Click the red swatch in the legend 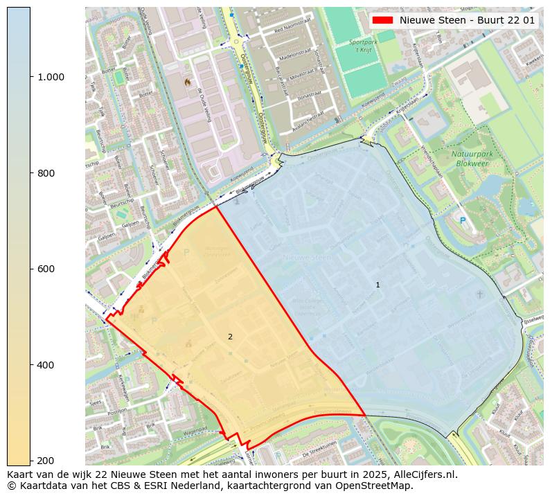tap(383, 20)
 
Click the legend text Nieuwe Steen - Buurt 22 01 tap(467, 20)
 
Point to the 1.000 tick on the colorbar tap(50, 77)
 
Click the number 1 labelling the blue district tap(378, 285)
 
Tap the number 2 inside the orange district tap(230, 337)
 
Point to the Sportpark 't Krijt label tap(363, 46)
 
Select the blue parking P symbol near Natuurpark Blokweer tap(463, 220)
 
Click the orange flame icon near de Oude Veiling tap(187, 81)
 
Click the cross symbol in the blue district tap(478, 294)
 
